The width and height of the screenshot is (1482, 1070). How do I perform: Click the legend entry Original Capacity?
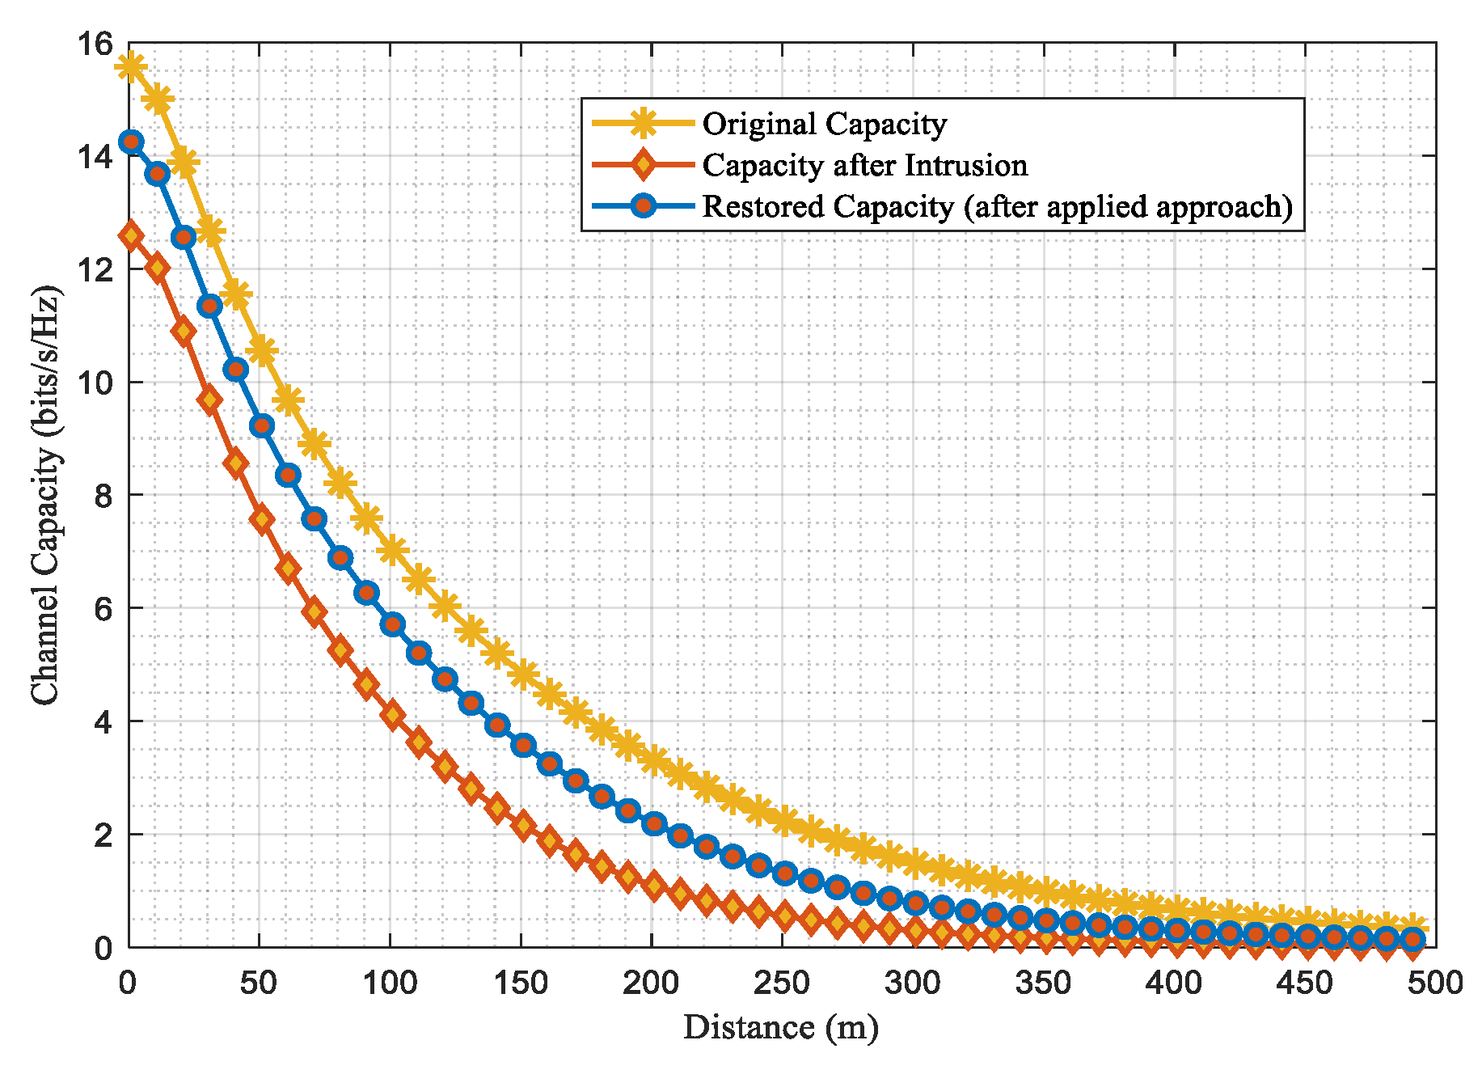824,124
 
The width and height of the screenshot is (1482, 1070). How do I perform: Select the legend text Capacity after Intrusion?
864,165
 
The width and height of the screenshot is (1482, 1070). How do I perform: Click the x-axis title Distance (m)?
780,1027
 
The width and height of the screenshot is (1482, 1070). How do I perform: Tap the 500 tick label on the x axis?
1434,983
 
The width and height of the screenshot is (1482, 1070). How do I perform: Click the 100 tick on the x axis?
390,983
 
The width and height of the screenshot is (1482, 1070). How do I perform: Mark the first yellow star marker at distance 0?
131,67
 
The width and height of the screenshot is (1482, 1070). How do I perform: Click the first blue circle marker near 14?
131,142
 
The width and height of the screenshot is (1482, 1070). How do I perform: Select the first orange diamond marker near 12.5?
131,236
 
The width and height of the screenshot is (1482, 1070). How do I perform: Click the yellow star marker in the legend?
644,124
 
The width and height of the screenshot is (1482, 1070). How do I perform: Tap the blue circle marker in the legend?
644,205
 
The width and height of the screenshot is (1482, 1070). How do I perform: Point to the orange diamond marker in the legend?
644,165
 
